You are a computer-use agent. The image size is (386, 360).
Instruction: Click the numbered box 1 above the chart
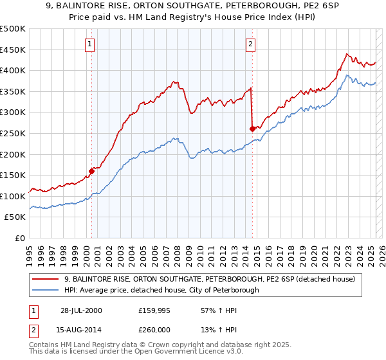(x=89, y=44)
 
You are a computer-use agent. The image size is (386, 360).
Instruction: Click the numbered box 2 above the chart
(x=250, y=44)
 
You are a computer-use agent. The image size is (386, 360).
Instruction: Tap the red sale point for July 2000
(x=91, y=171)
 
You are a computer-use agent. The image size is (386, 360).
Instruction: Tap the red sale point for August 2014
(x=252, y=129)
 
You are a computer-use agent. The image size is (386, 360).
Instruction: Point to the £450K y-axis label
(x=13, y=50)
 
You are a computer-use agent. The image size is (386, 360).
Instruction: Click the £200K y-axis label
(x=13, y=154)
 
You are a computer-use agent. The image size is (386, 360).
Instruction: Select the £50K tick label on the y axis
(x=15, y=217)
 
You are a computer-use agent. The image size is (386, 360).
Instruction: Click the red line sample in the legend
(x=45, y=278)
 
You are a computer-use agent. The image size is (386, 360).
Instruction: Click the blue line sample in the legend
(x=45, y=290)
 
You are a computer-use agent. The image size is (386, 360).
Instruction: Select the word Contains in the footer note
(x=44, y=345)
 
